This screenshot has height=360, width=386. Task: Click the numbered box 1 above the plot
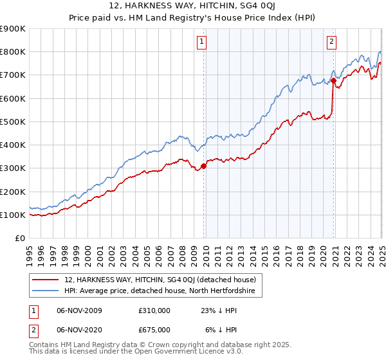[201, 42]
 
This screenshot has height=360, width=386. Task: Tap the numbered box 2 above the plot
[331, 42]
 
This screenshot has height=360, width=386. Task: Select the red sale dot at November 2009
[204, 166]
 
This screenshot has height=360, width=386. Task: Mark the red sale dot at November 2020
[333, 81]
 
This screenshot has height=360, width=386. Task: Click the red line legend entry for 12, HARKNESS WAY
[160, 280]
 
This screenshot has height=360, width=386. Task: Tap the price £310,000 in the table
[154, 310]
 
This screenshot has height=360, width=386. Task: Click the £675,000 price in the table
[154, 329]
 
